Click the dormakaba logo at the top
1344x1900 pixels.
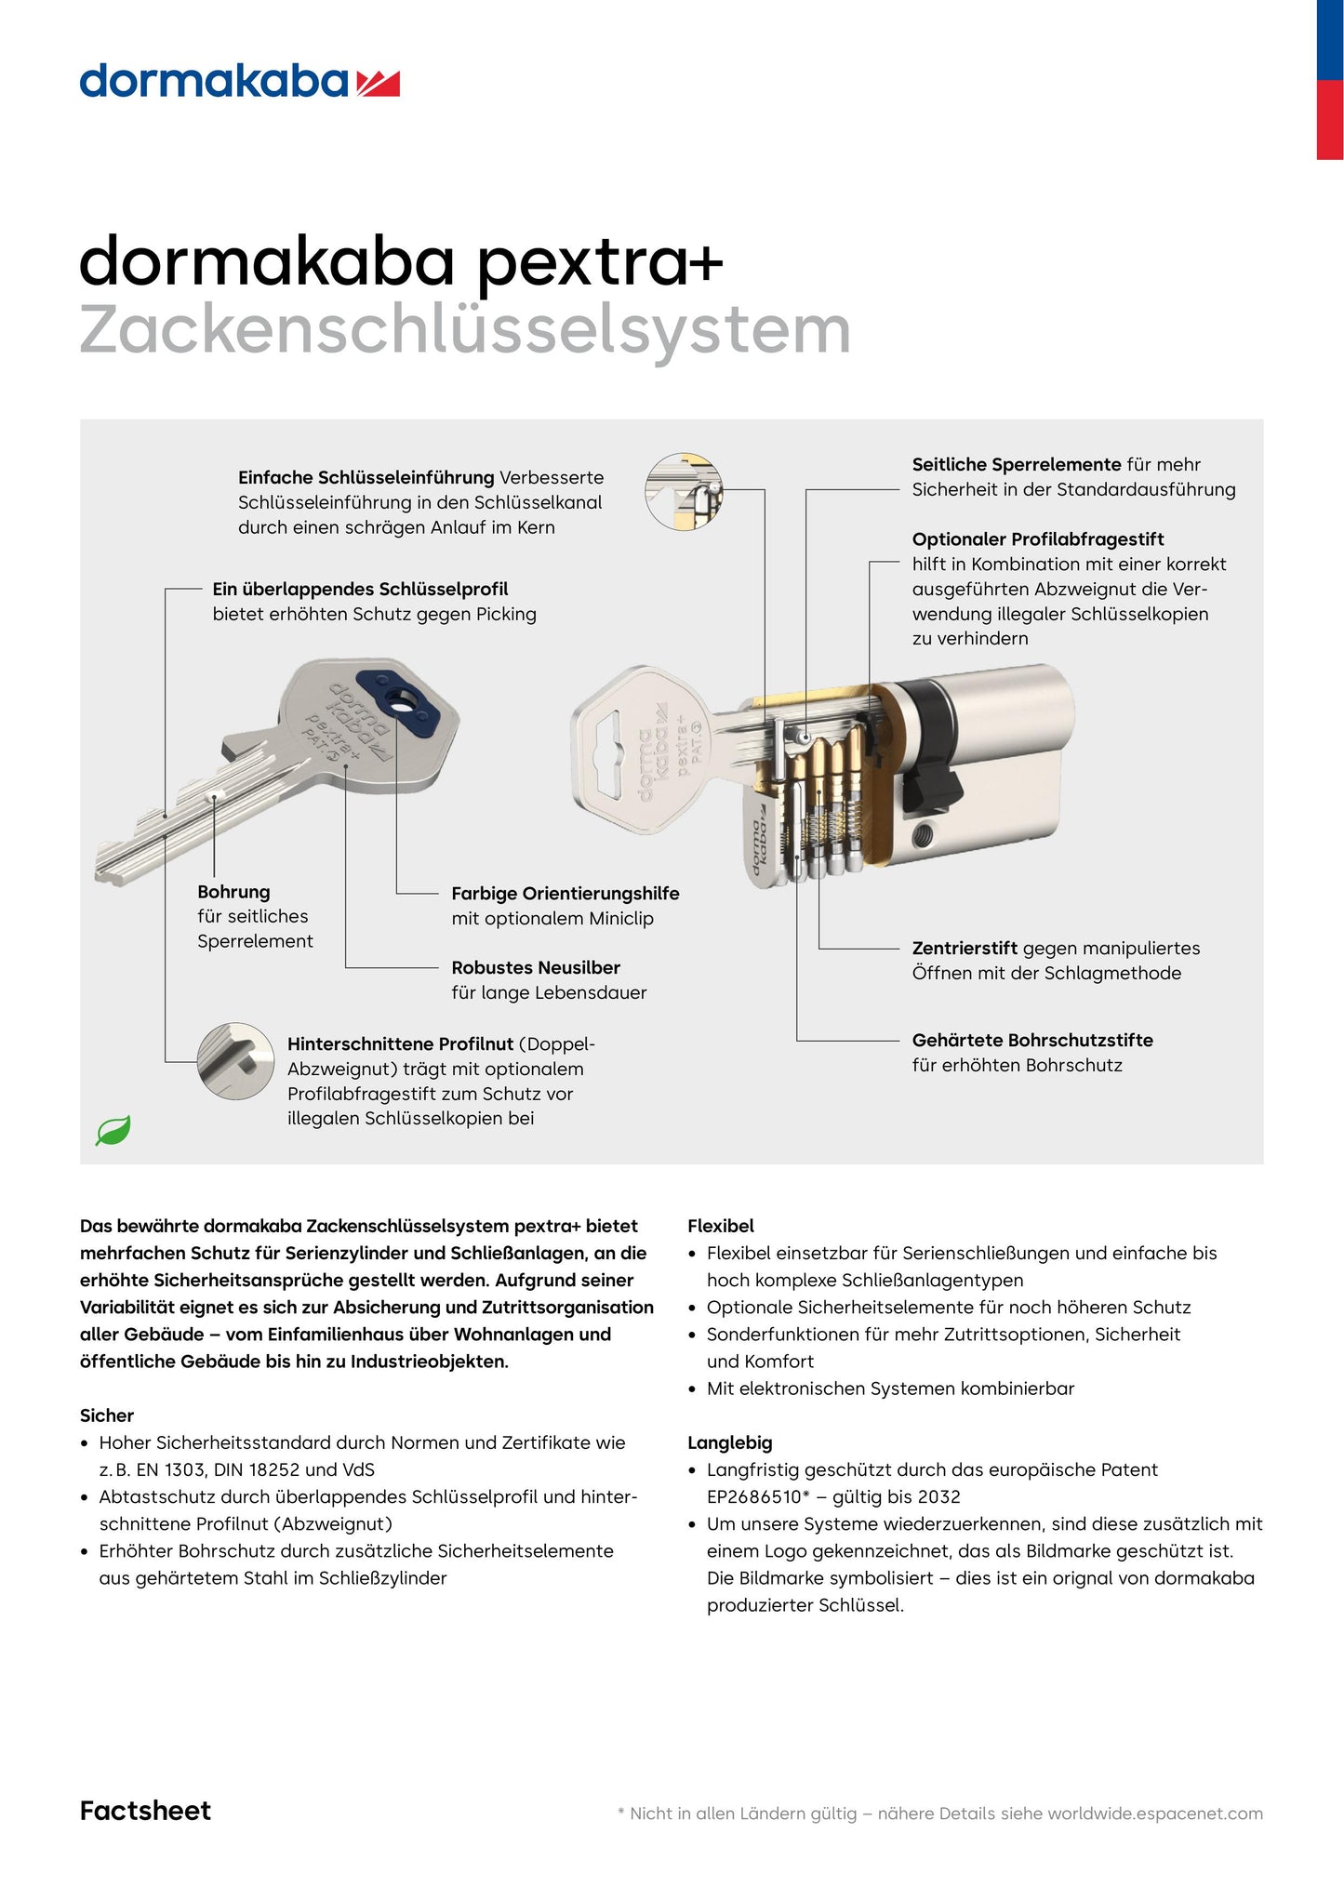(239, 82)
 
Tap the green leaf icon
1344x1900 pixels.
(113, 1131)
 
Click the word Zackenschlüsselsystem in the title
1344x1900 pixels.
(465, 331)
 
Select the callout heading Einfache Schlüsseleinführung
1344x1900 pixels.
(366, 478)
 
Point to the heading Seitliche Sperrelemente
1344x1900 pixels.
(1016, 465)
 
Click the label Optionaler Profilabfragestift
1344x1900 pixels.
(1037, 539)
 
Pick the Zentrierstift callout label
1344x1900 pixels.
(964, 949)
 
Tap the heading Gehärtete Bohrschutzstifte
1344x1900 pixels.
(1031, 1041)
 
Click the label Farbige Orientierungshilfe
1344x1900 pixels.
(565, 894)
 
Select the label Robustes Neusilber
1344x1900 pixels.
(535, 968)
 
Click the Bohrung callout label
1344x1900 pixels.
(233, 892)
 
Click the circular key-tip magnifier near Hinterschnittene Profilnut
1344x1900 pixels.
(230, 1060)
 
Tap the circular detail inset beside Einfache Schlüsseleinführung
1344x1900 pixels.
(684, 492)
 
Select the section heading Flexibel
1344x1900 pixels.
(720, 1227)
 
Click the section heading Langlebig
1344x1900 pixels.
(729, 1443)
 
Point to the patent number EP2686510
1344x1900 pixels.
(753, 1497)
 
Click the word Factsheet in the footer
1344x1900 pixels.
(145, 1811)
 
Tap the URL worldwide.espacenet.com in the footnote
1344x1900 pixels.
(1154, 1814)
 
